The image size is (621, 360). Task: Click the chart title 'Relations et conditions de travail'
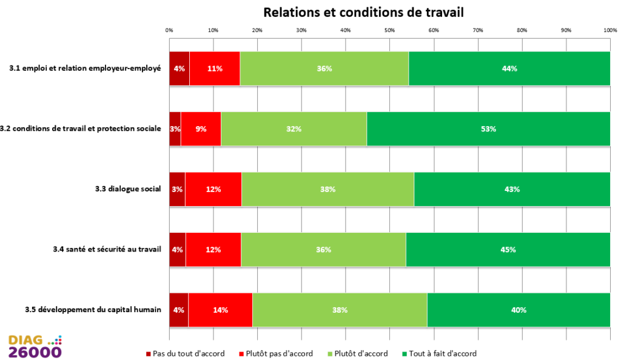pos(363,12)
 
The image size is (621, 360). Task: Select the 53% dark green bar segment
pos(488,129)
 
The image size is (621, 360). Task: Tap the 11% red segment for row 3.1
pos(215,68)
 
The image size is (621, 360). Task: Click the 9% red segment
pos(201,129)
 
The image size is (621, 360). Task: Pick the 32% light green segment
pos(294,129)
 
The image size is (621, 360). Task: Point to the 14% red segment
pos(220,310)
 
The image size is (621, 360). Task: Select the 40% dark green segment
pos(519,310)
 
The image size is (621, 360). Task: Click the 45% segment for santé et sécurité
pos(508,250)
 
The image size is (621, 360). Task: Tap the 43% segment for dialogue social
pos(512,190)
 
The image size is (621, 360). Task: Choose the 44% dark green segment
pos(509,68)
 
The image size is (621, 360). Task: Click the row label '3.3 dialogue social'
pos(128,189)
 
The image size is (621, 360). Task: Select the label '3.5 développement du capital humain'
pos(93,310)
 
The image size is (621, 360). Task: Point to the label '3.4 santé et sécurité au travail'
pos(107,249)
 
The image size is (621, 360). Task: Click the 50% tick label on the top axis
pos(389,30)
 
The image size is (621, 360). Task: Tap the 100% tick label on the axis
pos(610,30)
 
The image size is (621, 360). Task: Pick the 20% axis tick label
pos(257,30)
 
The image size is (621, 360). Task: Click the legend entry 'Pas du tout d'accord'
pos(186,354)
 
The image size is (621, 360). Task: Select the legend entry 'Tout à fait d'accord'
pos(440,354)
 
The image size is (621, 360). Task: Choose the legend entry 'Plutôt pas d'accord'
pos(276,354)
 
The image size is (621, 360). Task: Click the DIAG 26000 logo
pos(35,347)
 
